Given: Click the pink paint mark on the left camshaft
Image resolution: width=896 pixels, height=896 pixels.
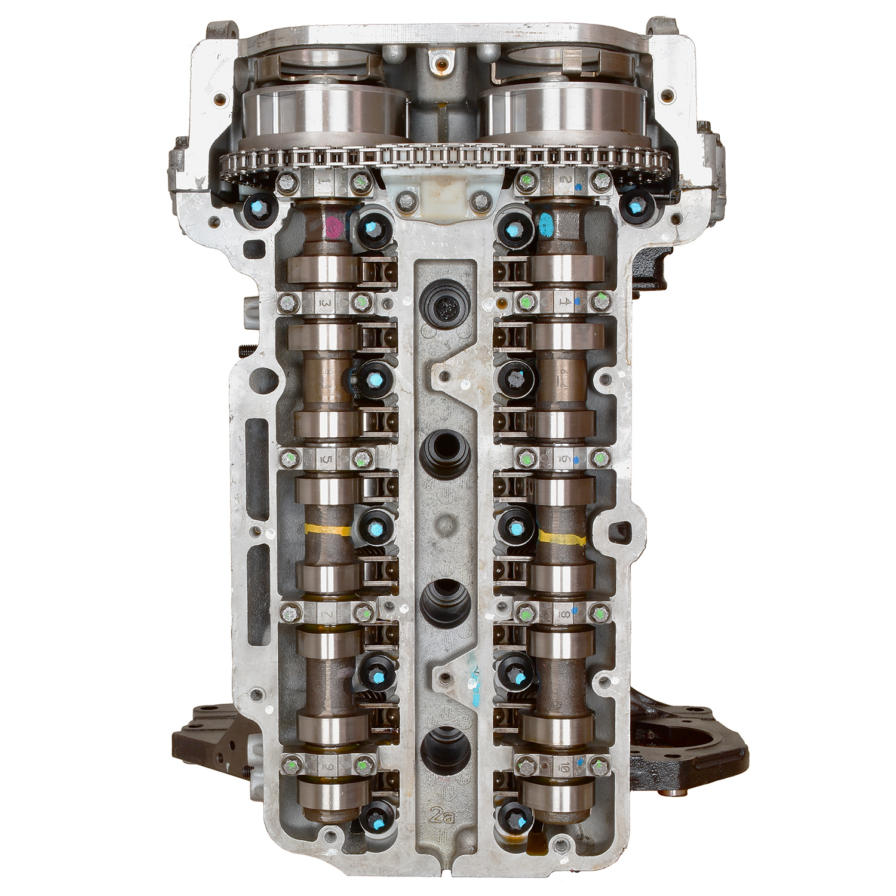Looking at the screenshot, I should point(333,227).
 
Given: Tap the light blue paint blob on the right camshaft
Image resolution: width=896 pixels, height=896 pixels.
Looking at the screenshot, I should point(546,226).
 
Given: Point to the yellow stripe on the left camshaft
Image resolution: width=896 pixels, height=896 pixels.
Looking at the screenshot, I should point(327,529).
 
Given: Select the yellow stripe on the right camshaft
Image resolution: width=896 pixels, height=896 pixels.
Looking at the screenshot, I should point(561,538).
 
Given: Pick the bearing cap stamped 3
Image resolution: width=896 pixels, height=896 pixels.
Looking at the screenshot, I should point(326,302).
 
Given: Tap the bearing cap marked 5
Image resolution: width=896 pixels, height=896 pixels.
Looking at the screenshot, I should point(326,459).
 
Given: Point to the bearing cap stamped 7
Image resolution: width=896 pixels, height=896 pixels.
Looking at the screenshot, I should point(326,612).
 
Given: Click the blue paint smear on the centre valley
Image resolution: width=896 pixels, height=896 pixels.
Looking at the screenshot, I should point(475,687).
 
